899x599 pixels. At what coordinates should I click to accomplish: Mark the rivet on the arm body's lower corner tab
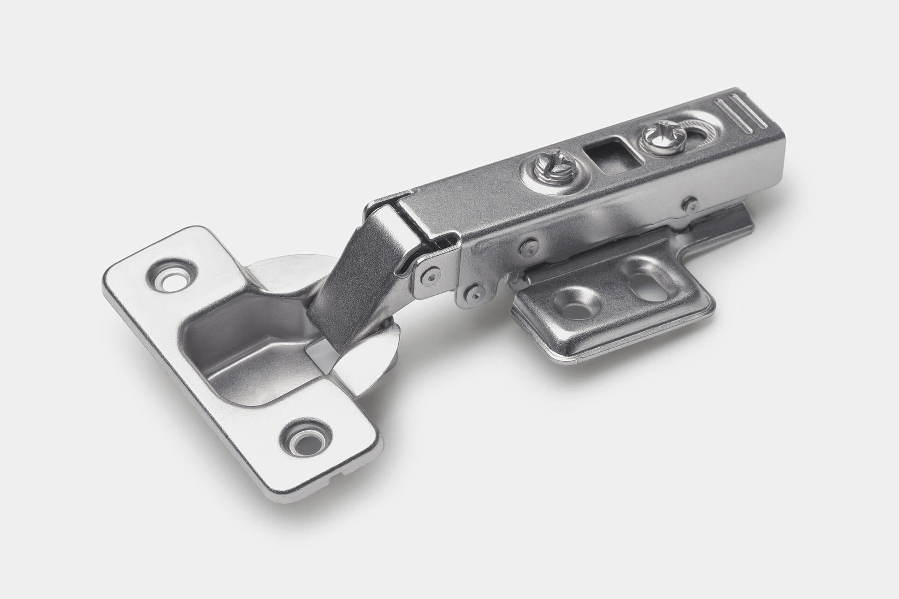[471, 292]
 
